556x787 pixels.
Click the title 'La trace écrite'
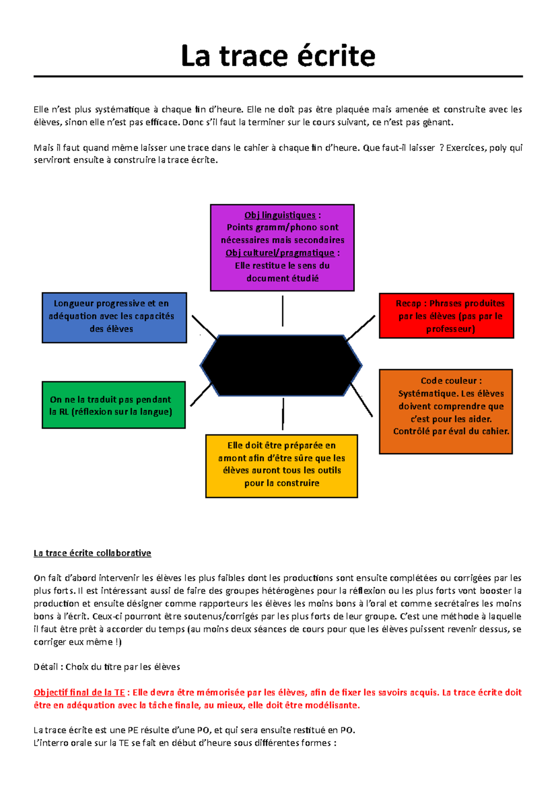click(278, 56)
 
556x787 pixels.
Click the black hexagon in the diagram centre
click(281, 365)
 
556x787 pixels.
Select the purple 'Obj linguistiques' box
click(282, 248)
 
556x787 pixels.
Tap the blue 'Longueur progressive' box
click(114, 317)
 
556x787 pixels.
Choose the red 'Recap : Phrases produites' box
click(446, 316)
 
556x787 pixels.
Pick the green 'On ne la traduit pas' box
click(114, 405)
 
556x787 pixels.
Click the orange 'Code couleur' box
click(446, 411)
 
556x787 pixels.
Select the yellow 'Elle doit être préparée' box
click(281, 466)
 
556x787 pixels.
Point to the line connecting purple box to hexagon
click(283, 311)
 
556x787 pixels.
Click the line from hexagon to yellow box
click(283, 413)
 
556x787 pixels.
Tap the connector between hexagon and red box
click(361, 328)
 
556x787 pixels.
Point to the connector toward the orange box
click(361, 400)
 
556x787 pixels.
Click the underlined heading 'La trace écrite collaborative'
click(92, 553)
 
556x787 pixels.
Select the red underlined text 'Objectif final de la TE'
click(79, 692)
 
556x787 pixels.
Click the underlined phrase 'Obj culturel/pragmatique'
click(280, 253)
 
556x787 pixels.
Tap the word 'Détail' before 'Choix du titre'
click(45, 667)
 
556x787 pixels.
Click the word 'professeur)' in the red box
click(450, 329)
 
